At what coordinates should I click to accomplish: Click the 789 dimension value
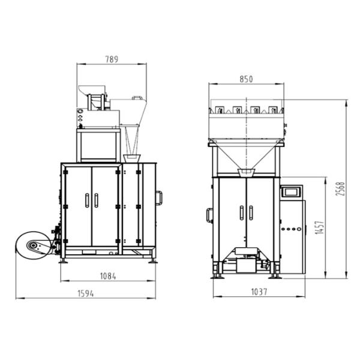(112, 59)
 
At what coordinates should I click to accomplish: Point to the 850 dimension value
(246, 79)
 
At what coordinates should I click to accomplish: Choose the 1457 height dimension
(319, 227)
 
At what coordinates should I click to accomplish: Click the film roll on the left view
(34, 245)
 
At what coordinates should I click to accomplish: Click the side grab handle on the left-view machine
(159, 197)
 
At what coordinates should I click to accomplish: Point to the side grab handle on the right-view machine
(209, 214)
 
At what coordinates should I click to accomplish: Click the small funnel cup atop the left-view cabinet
(131, 157)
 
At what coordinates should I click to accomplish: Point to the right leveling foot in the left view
(154, 260)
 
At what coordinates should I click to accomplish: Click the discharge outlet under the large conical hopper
(245, 173)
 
